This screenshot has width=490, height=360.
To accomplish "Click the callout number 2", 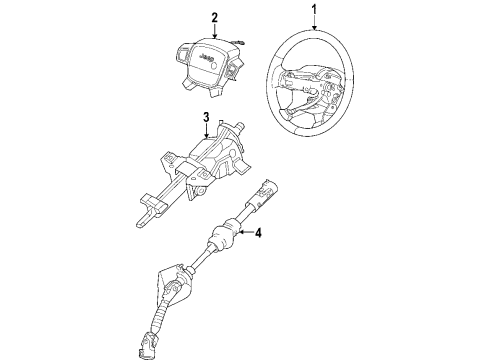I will point(213,16).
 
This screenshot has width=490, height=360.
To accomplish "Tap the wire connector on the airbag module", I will point(242,39).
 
